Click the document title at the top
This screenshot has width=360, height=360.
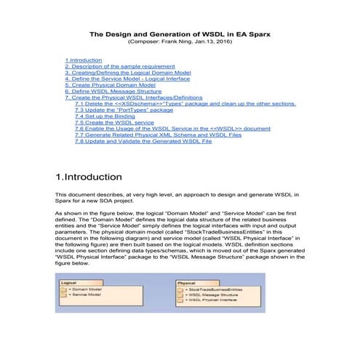180,33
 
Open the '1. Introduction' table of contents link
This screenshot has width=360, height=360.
84,60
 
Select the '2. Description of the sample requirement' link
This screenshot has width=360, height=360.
116,66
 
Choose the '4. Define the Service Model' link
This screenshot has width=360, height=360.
124,79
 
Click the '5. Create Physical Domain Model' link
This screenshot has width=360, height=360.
110,86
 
